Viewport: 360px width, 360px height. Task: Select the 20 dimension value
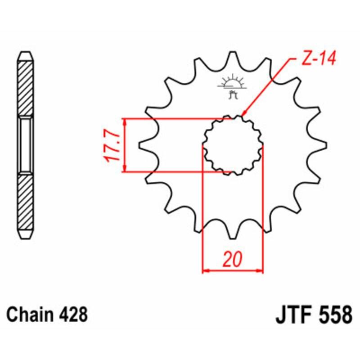(x=233, y=260)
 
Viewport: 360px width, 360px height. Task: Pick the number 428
(x=72, y=314)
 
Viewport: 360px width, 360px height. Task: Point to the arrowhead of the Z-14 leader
(x=244, y=114)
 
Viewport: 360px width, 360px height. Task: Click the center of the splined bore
(x=232, y=145)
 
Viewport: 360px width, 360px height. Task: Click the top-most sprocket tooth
(x=233, y=56)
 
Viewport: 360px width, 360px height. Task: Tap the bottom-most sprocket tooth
(x=232, y=234)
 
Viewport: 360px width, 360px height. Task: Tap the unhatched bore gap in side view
(x=25, y=145)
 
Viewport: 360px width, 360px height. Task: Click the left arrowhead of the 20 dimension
(x=205, y=271)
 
